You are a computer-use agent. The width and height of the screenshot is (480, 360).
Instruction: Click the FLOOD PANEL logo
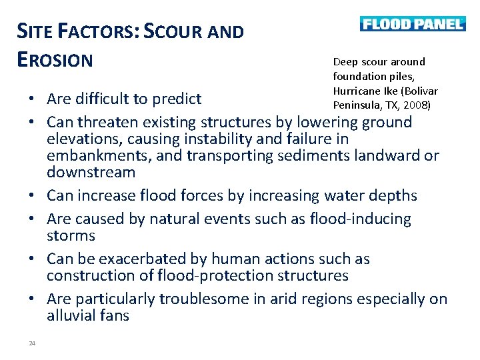(412, 24)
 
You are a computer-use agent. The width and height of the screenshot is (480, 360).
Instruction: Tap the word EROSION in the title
(55, 60)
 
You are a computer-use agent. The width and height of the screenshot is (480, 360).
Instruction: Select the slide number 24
(32, 343)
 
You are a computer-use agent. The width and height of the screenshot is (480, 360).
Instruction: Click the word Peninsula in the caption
(356, 105)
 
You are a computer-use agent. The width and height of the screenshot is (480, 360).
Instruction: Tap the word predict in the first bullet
(177, 99)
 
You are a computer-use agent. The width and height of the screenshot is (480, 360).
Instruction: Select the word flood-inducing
(361, 219)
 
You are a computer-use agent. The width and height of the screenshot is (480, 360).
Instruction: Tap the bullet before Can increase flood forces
(32, 196)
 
